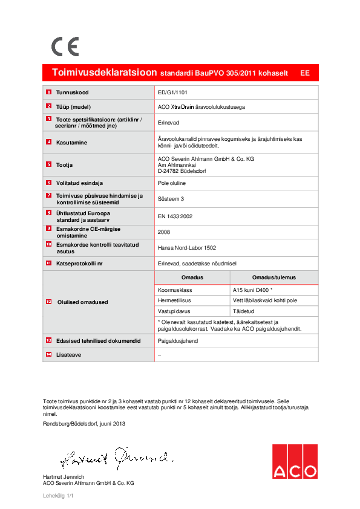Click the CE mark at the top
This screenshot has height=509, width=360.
pyautogui.click(x=65, y=47)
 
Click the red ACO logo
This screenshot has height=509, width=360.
pyautogui.click(x=295, y=462)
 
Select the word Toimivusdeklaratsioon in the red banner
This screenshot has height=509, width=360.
pyautogui.click(x=105, y=73)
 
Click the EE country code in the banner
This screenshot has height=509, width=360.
pyautogui.click(x=305, y=73)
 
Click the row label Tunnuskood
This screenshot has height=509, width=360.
pyautogui.click(x=73, y=92)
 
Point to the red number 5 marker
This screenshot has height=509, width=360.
pyautogui.click(x=48, y=164)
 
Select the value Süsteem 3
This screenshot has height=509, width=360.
pyautogui.click(x=171, y=198)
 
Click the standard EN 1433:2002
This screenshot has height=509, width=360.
pyautogui.click(x=175, y=216)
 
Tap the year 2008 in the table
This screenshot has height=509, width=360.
pyautogui.click(x=164, y=232)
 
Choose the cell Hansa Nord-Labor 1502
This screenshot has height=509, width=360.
pyautogui.click(x=186, y=247)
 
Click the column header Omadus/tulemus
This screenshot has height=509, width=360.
pyautogui.click(x=274, y=277)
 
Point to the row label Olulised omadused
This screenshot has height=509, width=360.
pyautogui.click(x=82, y=302)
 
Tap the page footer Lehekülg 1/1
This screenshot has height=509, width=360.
pyautogui.click(x=58, y=496)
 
